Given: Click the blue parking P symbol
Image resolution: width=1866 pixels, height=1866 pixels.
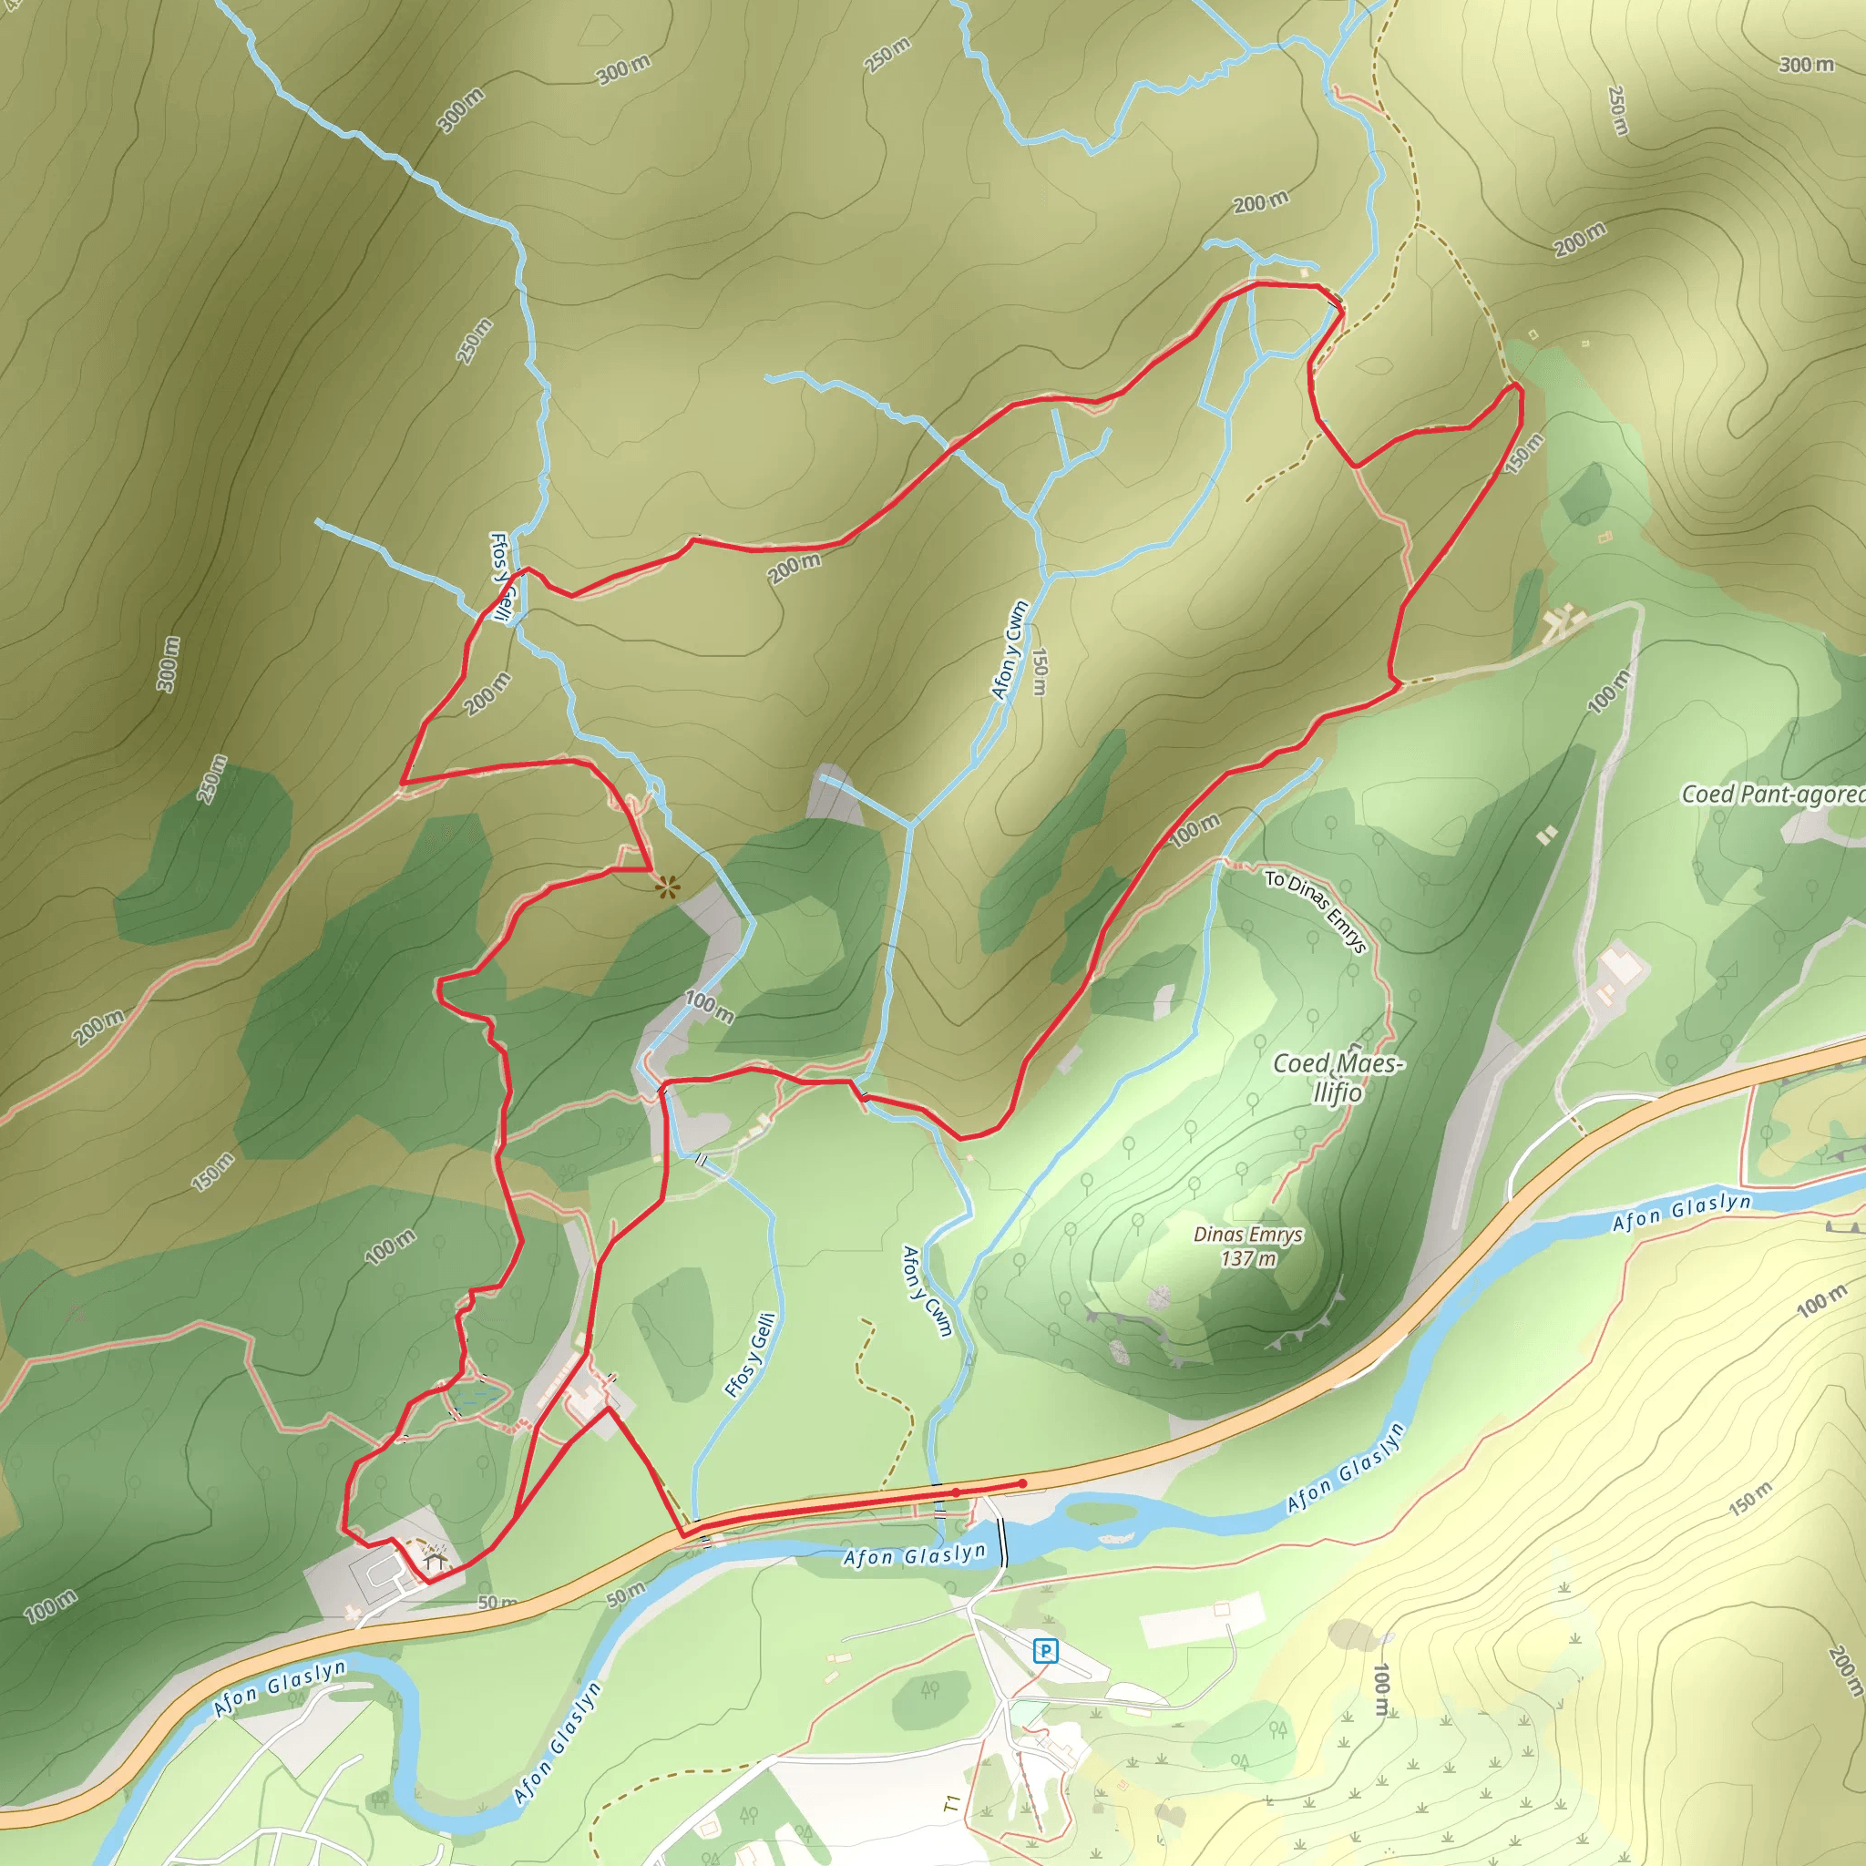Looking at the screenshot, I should coord(1044,1651).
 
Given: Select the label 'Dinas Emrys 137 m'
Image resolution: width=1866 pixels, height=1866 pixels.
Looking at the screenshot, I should coord(1248,1246).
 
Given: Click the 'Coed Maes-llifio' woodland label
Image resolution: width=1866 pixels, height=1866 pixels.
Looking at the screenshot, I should coord(1338,1077).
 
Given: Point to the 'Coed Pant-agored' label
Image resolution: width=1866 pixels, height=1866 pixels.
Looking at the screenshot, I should coord(1772,794).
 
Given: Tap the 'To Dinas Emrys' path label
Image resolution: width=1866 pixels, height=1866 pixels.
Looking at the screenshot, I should coord(1316,911).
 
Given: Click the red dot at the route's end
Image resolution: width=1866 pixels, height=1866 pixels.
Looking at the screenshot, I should coord(1023,1483).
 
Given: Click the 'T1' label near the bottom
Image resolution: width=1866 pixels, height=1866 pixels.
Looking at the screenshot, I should coord(951,1803).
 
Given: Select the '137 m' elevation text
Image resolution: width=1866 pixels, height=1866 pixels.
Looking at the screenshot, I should coord(1248,1258).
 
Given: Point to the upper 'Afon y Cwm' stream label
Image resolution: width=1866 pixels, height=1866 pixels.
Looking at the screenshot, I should coord(1010,649).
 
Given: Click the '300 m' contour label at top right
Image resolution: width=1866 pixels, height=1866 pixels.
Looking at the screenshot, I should coord(1805,65).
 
